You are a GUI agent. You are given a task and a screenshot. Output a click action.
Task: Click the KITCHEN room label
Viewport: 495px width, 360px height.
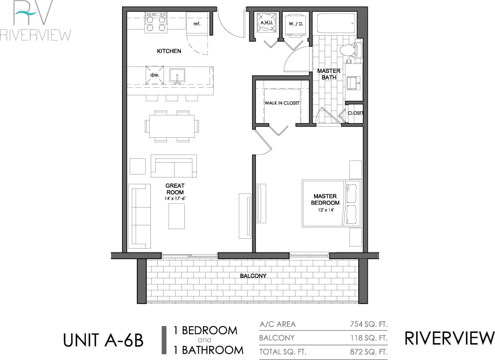click(169, 51)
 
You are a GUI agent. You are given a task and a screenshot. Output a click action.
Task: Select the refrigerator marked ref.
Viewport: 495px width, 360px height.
click(197, 24)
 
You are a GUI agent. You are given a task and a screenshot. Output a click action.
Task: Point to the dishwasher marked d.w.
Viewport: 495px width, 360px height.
click(154, 75)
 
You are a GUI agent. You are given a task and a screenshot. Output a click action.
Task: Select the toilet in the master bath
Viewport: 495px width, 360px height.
click(348, 50)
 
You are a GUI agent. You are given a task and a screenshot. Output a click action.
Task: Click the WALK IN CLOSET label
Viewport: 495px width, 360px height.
click(282, 103)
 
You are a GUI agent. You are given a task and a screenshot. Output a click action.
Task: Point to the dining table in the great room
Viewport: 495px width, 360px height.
click(172, 126)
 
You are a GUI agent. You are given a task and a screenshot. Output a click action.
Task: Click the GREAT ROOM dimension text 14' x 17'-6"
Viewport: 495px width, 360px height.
click(175, 198)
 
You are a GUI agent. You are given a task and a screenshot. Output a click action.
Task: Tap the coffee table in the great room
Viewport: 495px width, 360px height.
click(177, 216)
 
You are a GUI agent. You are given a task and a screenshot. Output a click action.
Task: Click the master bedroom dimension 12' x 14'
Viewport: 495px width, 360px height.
click(325, 210)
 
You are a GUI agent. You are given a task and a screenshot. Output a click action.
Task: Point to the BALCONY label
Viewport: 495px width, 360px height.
click(253, 276)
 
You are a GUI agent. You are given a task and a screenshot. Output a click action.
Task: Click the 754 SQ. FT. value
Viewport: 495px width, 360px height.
click(367, 324)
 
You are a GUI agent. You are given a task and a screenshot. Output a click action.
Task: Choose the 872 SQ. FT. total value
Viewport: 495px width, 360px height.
click(367, 352)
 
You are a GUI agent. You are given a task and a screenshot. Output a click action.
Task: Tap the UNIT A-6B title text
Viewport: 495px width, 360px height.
click(103, 340)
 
